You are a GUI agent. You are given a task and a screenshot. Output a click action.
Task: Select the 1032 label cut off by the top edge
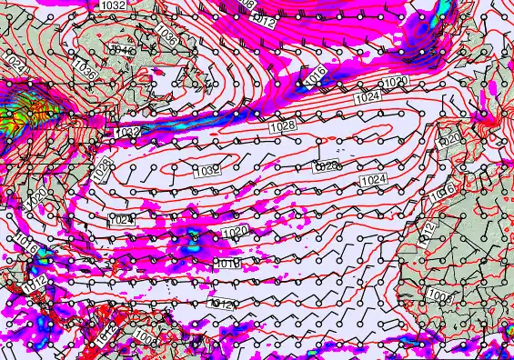pos(113,5)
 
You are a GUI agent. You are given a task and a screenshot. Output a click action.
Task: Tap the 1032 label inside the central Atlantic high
pos(207,170)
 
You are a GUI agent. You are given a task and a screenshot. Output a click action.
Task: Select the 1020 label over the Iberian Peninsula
pos(448,139)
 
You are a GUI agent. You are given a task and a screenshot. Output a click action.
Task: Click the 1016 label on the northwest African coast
pos(443,191)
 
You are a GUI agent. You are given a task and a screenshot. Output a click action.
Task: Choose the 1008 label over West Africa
pos(438,296)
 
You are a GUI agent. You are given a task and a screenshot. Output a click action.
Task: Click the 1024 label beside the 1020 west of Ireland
pos(368,96)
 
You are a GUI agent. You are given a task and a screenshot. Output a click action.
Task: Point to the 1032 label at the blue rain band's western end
pos(127,133)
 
